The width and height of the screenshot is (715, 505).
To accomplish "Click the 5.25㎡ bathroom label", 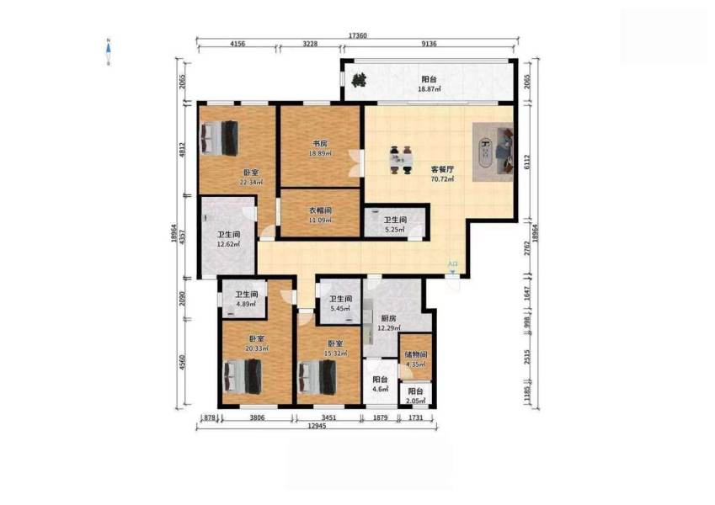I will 396,228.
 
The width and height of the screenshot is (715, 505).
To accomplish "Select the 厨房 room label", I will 388,318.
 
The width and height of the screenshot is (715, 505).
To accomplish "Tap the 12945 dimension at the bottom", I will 317,428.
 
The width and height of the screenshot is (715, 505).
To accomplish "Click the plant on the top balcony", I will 360,82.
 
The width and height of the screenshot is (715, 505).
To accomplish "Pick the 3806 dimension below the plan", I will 257,417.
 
